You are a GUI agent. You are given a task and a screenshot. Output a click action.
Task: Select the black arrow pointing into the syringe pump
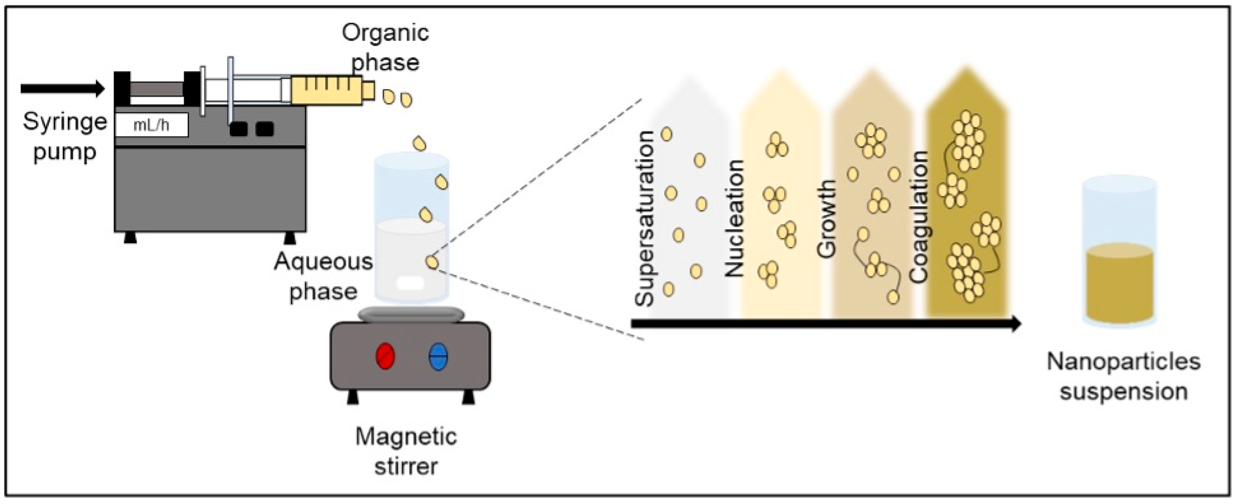[x=62, y=88]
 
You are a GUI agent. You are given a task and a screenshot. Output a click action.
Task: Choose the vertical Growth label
[x=827, y=219]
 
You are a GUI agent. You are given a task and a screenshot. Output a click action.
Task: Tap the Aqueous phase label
[x=323, y=276]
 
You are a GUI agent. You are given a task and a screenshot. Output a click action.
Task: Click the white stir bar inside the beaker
[x=410, y=283]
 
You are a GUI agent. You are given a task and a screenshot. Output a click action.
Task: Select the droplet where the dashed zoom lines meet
[x=432, y=262]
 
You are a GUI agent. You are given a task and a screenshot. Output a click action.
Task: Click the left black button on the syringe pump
[x=238, y=129]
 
